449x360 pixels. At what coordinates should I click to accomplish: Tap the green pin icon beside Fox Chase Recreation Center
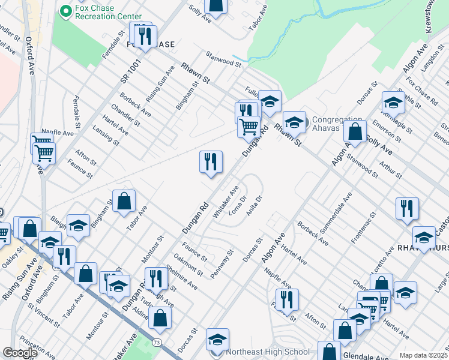point(66,10)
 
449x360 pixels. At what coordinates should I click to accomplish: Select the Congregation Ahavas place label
point(337,123)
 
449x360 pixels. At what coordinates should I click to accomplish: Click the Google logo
point(20,353)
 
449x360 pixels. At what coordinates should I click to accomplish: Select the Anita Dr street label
point(254,207)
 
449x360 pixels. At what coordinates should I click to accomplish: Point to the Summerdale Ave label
point(339,213)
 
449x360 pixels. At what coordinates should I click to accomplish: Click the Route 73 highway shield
point(156,342)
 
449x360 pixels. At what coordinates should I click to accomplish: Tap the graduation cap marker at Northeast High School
point(217,339)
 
